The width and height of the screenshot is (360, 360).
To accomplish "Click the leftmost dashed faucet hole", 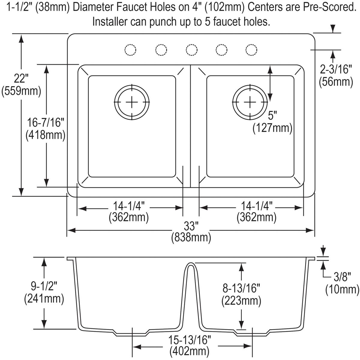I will pyautogui.click(x=130, y=50).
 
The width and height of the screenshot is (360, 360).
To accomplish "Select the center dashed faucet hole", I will pyautogui.click(x=191, y=50).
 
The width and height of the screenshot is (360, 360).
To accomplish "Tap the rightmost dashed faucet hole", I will pyautogui.click(x=251, y=50).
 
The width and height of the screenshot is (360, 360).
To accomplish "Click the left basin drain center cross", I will pyautogui.click(x=131, y=102).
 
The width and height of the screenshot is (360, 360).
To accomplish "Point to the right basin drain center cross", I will pyautogui.click(x=249, y=102).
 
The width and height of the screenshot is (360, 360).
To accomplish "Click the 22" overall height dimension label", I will pyautogui.click(x=21, y=79).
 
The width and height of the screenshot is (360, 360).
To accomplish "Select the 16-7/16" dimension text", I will pyautogui.click(x=46, y=122).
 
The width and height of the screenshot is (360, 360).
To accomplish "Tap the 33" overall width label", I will pyautogui.click(x=191, y=225).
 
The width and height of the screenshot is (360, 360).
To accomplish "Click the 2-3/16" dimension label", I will pyautogui.click(x=336, y=70).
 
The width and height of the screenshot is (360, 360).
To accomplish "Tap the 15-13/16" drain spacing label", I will pyautogui.click(x=189, y=340).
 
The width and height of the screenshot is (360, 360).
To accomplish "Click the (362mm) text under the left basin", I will pyautogui.click(x=129, y=217).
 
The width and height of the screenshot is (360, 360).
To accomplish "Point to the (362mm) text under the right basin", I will pyautogui.click(x=256, y=217).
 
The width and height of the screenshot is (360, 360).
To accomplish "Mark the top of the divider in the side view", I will pyautogui.click(x=190, y=264).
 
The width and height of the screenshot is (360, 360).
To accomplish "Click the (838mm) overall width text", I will pyautogui.click(x=191, y=238).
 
